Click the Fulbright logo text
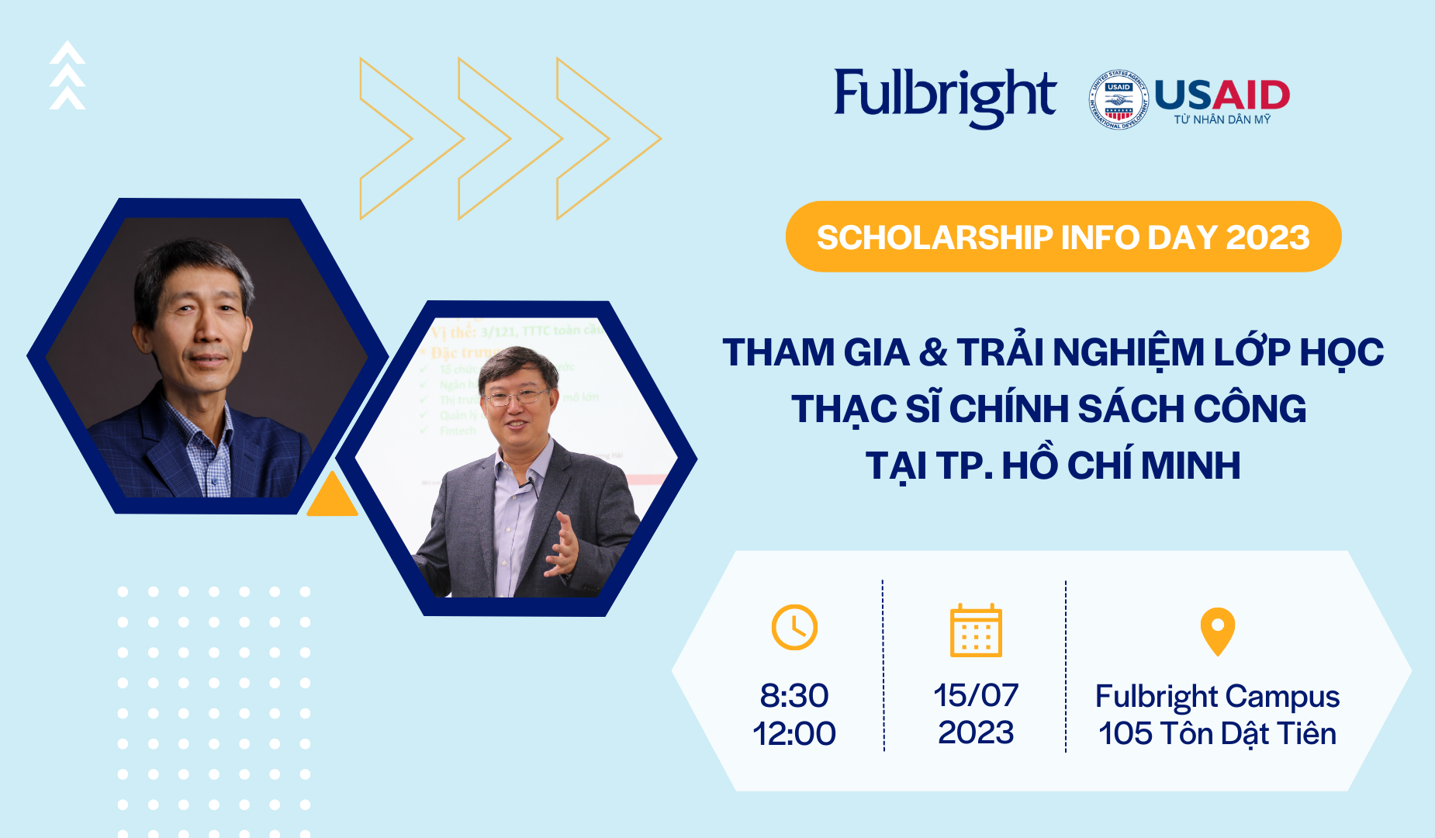[944, 96]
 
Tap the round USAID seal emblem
[1118, 99]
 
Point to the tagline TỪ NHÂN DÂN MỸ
[1222, 119]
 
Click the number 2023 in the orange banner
[1267, 237]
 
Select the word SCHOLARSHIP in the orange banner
[934, 237]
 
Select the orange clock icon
[794, 627]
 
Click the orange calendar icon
[976, 630]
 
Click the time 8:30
[794, 695]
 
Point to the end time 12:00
[794, 733]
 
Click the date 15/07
[976, 695]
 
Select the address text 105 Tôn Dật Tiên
[1217, 733]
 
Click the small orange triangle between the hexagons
[332, 497]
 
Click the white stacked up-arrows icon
[67, 75]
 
